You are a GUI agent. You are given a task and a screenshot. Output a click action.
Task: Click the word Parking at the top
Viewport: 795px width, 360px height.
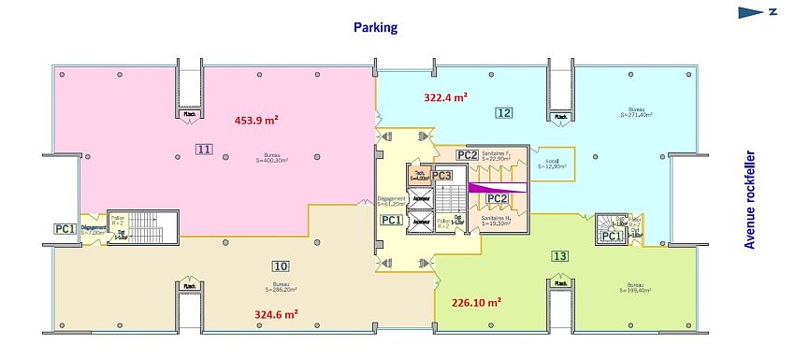(375, 27)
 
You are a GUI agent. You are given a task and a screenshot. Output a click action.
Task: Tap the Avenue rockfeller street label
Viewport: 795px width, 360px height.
(750, 201)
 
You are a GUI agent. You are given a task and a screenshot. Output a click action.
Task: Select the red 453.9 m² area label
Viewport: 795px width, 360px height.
(257, 120)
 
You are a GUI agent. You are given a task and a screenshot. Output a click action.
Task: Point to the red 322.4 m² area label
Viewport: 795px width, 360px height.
(445, 95)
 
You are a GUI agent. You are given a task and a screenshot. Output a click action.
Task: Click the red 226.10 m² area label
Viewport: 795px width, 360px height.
(476, 302)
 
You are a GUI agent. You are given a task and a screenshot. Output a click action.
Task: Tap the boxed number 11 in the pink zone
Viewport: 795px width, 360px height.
(204, 148)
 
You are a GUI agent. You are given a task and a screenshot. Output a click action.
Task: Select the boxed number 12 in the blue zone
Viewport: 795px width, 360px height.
(504, 113)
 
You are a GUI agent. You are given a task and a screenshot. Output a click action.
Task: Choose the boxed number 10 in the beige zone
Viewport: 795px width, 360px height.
(281, 265)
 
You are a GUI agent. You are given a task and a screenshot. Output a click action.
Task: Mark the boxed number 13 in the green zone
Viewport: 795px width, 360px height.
(559, 256)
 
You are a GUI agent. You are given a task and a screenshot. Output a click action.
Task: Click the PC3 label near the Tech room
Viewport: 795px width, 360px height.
(441, 175)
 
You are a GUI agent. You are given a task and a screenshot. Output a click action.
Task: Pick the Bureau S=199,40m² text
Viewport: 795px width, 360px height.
(635, 288)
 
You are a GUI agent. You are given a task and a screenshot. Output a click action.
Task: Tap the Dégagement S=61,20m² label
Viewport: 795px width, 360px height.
(392, 200)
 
